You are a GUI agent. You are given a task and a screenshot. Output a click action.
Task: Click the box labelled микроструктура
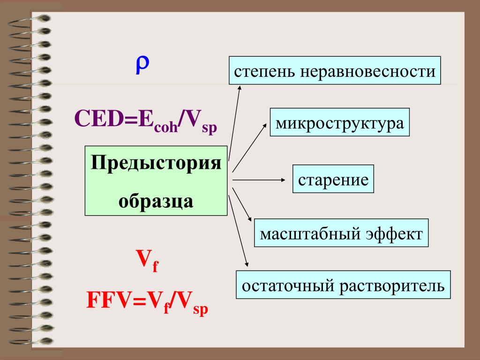[x=339, y=123]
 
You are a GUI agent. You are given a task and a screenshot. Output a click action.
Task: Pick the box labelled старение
[x=333, y=180]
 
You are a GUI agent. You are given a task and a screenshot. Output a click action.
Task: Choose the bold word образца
[x=156, y=200]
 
